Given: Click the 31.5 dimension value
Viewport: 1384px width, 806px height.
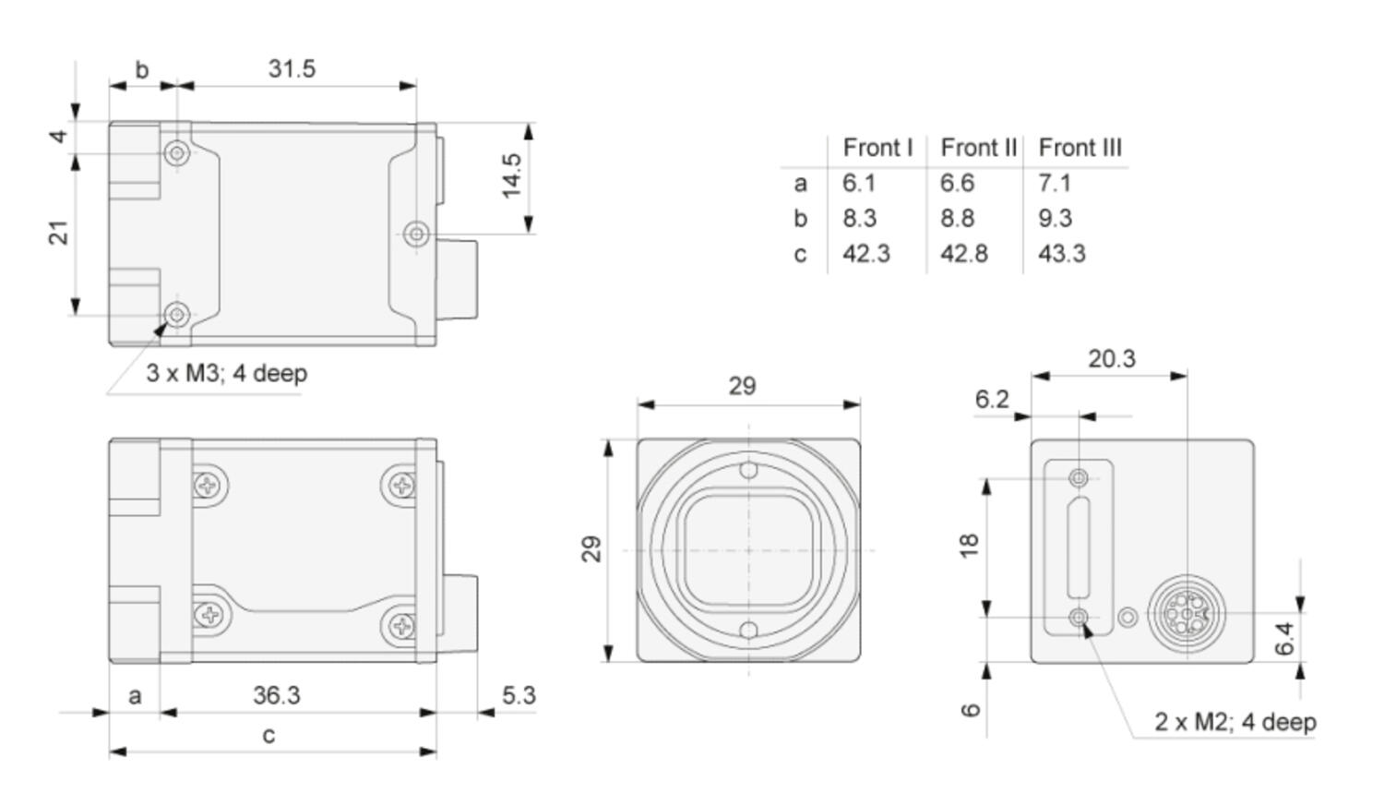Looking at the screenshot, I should pos(292,68).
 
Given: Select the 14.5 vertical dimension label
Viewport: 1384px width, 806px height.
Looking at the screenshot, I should pos(511,175).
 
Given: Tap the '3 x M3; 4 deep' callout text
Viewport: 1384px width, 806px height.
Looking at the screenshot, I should pos(226,373).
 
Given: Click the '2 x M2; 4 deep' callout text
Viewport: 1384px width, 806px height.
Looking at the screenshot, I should pos(1235,721).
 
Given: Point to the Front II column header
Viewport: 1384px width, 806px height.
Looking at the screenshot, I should pos(978,148).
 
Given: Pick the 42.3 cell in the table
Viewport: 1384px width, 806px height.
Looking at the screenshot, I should pos(865,253).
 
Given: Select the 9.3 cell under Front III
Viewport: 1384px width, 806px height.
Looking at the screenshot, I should pos(1055,218).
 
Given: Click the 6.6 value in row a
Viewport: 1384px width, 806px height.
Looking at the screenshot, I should pos(957,183).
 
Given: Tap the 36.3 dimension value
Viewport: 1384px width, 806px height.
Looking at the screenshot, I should pos(276,694).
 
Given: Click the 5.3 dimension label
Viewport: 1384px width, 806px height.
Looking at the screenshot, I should pos(519,694).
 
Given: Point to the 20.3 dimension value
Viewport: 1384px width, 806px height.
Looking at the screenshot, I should pos(1111,358).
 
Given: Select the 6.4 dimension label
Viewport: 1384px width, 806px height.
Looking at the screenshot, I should pos(1285,639).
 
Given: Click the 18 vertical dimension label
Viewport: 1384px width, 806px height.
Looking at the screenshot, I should pos(968,545).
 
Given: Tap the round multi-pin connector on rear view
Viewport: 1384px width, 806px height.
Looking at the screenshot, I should pos(1186,613).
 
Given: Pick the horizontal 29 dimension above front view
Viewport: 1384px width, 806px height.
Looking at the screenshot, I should pos(742,386).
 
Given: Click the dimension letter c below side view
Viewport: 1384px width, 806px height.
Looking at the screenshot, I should pos(268,735).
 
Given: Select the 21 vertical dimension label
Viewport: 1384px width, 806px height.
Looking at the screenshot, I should pos(59,233).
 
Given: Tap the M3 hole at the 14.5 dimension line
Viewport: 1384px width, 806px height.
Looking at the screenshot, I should pos(416,234).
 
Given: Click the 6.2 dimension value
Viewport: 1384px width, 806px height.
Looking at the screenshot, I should pos(991,399).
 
